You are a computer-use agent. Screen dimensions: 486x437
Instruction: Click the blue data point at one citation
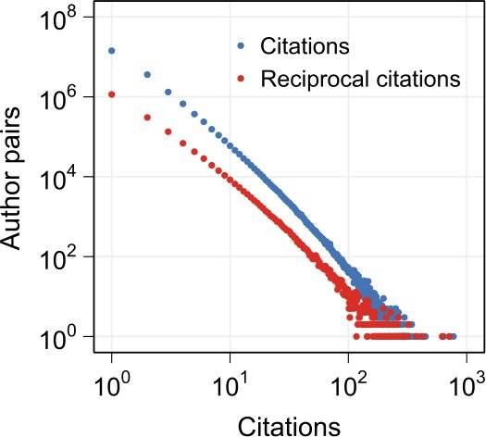(112, 51)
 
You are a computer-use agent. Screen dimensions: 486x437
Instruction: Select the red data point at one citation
(112, 94)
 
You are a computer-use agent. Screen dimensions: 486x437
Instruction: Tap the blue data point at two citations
(147, 75)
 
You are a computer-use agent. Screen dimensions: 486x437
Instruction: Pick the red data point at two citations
(147, 118)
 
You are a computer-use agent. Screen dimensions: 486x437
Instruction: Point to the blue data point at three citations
(168, 92)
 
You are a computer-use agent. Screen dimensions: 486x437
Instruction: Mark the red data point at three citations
(168, 131)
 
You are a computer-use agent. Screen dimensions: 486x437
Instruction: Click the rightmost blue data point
(454, 336)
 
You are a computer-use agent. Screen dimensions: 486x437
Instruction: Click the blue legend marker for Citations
(241, 46)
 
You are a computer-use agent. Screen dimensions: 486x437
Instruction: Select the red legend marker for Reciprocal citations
(241, 79)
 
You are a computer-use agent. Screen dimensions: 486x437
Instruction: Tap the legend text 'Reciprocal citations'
(361, 79)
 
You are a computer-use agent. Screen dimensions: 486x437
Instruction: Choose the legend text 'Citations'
(305, 46)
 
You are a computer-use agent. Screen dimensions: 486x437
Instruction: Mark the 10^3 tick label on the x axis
(466, 385)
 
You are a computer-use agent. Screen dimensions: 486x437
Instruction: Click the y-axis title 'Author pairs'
(10, 179)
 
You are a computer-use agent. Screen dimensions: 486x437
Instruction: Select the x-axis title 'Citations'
(289, 427)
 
